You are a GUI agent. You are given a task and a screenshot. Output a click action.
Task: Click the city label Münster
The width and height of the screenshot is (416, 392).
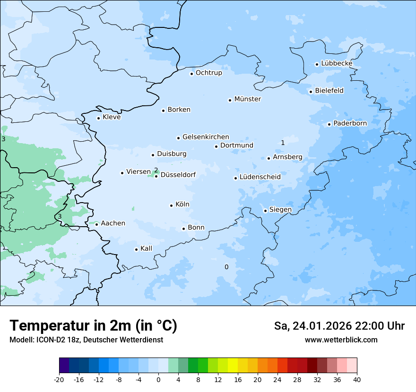247,99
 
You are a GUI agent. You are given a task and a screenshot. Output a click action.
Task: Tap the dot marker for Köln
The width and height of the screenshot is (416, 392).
171,205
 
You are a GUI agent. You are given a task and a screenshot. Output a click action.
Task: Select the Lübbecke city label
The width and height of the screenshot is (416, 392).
337,63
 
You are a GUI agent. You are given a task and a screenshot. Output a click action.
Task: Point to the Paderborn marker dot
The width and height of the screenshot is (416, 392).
329,124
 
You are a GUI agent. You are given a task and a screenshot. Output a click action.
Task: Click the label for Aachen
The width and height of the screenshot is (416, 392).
113,223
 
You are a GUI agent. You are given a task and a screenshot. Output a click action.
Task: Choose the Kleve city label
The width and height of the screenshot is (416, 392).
112,117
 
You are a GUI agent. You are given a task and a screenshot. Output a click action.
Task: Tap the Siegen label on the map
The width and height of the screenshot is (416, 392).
280,210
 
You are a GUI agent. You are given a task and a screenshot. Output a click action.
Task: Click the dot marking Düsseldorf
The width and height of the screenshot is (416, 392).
156,176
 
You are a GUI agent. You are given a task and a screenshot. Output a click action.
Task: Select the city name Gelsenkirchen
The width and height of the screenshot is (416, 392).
206,137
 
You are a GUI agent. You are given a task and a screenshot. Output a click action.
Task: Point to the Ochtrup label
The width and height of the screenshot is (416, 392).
208,73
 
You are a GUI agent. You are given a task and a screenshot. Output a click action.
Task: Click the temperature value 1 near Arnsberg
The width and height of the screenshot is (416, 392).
283,143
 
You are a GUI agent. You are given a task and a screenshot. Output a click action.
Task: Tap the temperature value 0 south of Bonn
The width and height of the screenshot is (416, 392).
226,267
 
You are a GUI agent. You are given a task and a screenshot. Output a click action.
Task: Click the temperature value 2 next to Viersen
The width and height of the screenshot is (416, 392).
156,170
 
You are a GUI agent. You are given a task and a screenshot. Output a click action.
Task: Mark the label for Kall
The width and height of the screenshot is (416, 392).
146,248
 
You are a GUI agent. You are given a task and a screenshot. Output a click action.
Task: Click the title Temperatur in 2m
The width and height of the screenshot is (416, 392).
93,326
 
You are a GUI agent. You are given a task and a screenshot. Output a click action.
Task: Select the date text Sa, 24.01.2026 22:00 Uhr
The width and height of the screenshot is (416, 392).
339,326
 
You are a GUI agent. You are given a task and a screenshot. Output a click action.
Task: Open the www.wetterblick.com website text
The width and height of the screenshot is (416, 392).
341,340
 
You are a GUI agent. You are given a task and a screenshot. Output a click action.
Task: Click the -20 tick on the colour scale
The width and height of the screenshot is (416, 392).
59,379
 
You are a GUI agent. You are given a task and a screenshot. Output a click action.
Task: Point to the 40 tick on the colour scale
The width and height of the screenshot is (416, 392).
357,379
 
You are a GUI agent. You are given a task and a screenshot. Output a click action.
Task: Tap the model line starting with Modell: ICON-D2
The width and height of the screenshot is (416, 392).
86,340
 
